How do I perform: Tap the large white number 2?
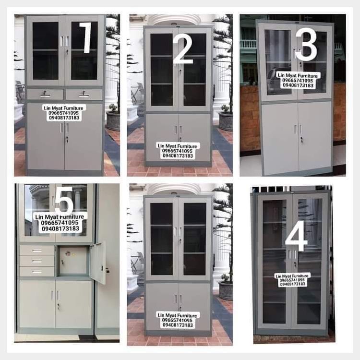point(183,49)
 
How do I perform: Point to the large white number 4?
point(296,235)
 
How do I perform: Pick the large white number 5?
point(64,201)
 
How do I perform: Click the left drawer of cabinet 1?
point(45,94)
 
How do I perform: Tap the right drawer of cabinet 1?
point(84,94)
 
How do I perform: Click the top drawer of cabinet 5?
point(37,251)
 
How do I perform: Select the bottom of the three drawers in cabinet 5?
point(37,272)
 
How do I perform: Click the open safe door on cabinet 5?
point(98,263)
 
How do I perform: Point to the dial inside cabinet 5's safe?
point(68,253)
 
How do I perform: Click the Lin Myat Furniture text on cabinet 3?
point(298,75)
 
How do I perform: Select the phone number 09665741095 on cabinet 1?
point(63,113)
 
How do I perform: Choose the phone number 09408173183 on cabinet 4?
point(292,284)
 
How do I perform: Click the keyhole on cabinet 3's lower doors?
point(301,139)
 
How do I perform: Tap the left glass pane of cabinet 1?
point(46,51)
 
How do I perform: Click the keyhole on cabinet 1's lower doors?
point(67,138)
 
